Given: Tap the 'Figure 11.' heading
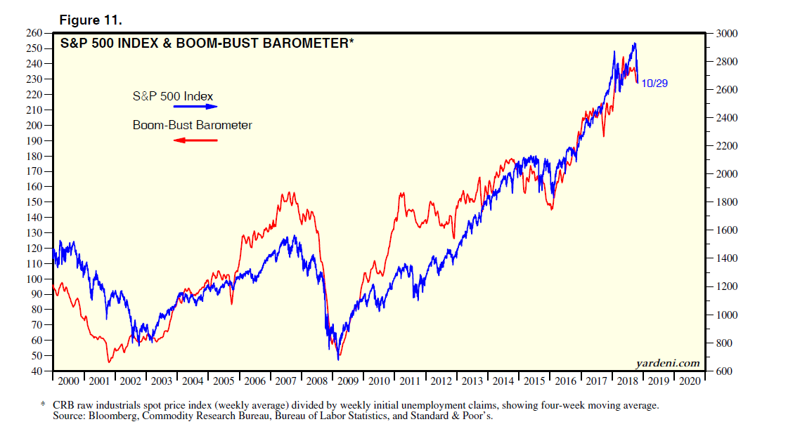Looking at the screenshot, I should point(91,20).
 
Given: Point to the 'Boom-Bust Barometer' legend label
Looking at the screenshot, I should point(192,126).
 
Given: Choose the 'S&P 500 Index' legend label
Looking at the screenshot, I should point(173,95).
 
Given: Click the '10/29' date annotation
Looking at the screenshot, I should point(655,83).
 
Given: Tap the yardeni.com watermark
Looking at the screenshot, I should point(667,363).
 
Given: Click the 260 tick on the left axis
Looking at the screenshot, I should point(35,33).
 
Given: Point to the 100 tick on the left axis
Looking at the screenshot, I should point(35,279).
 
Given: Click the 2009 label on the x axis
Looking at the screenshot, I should point(348,381).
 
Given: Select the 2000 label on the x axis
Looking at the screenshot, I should point(68,381).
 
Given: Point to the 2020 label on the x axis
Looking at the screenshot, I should point(690,381).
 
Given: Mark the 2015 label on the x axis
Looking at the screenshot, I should point(534,381).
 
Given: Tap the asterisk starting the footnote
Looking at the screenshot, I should point(43,406).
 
